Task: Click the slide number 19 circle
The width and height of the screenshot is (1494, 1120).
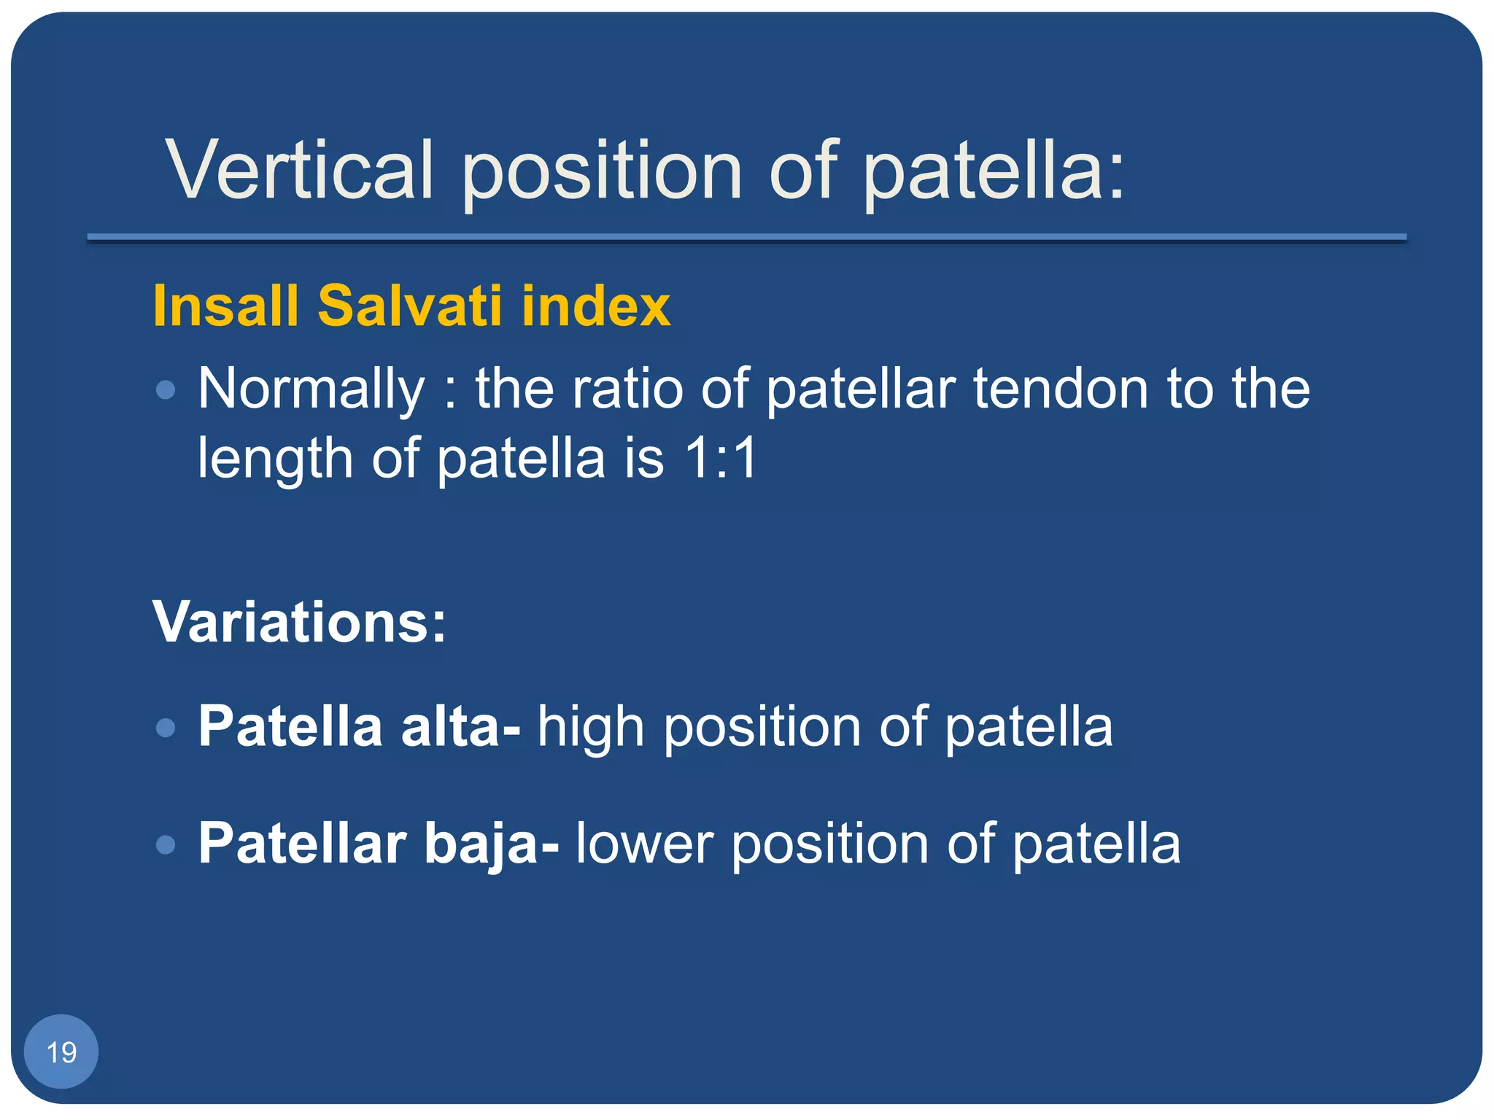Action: coord(61,1051)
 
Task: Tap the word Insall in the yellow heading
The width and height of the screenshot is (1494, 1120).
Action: coord(226,306)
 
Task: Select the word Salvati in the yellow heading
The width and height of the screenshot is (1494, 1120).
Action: coord(411,306)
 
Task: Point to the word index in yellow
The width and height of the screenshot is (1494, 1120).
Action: coord(596,306)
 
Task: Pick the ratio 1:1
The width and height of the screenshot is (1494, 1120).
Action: coord(722,459)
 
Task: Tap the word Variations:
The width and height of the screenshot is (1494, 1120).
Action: coord(299,623)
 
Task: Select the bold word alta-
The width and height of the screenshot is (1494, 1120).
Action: coord(460,727)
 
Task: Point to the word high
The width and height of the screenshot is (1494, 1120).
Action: coord(591,728)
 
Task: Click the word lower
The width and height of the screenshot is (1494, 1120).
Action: coord(644,844)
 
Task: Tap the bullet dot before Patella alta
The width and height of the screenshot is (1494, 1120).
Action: coord(166,728)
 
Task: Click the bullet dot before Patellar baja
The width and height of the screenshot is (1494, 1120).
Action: coord(166,844)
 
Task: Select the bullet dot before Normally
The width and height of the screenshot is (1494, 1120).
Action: coord(166,389)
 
